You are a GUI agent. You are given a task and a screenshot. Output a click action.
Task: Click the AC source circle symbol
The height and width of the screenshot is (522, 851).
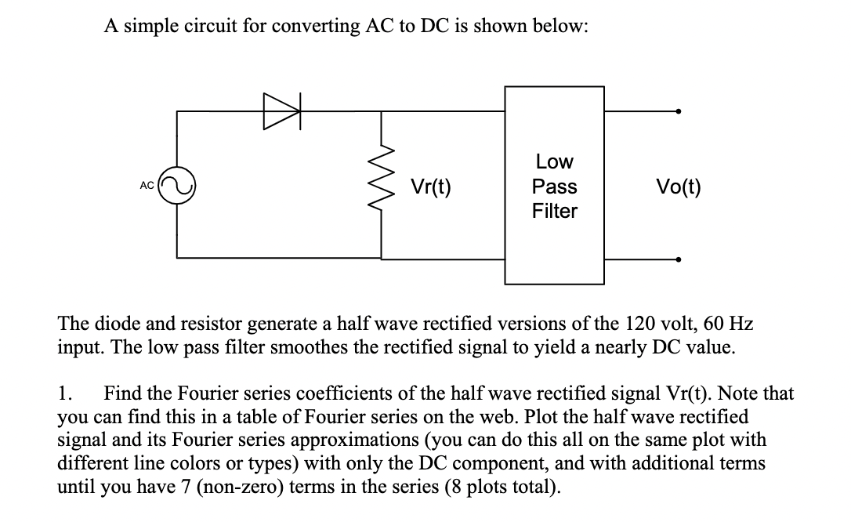pos(178,186)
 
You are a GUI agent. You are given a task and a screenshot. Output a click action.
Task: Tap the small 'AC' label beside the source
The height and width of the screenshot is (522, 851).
pos(147,186)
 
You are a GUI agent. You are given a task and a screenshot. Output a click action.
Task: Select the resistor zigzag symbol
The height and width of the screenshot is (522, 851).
pos(382,186)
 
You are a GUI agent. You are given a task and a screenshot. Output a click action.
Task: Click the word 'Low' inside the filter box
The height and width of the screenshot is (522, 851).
pos(554,162)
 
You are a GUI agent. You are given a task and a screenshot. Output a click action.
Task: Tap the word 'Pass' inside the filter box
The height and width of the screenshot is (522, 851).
pos(554,187)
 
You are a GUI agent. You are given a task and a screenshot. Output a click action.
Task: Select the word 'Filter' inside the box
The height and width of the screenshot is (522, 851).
pos(554,211)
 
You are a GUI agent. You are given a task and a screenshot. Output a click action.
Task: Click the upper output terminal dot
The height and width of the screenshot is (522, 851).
pos(679,111)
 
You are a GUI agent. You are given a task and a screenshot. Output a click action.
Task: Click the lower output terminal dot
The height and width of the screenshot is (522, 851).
pos(679,259)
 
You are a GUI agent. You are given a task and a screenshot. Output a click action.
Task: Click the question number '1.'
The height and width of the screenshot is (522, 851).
pos(66,393)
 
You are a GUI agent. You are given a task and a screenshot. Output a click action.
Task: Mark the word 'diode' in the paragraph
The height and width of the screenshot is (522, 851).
pos(107,324)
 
